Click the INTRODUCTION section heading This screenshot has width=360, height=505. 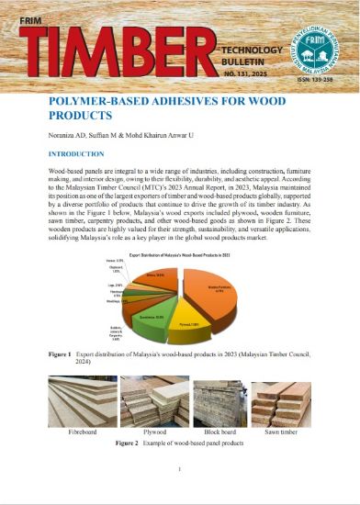82,154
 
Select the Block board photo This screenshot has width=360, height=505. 215,400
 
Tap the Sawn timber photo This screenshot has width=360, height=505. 279,400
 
